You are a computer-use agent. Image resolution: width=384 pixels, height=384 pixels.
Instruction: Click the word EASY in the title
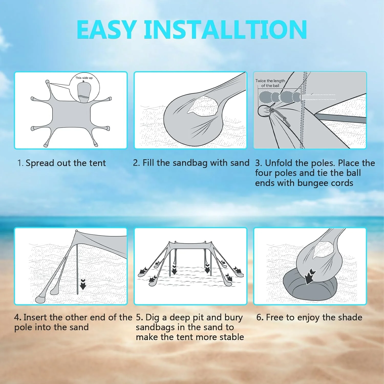tap(106, 30)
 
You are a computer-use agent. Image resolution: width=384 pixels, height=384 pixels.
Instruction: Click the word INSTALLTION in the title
tap(225, 30)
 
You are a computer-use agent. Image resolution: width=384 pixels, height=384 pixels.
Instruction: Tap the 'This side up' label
tap(84, 78)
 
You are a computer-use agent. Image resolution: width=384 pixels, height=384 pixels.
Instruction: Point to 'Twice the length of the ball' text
tap(270, 83)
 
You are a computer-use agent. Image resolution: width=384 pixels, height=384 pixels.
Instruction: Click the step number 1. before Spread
tap(20, 163)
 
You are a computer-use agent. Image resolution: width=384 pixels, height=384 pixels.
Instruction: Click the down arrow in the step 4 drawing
tap(83, 284)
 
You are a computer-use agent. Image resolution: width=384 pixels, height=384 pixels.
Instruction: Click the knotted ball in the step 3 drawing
tap(264, 111)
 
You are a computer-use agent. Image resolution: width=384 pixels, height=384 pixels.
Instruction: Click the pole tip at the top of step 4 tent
tap(76, 231)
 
